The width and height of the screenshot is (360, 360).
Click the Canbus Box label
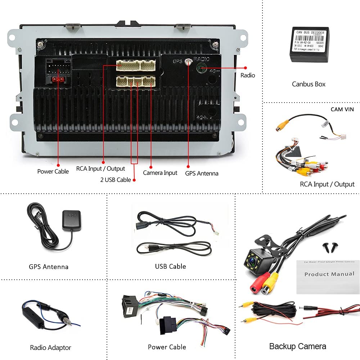(309, 84)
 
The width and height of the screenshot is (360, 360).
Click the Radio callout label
(248, 75)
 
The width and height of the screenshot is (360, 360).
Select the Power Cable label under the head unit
(53, 171)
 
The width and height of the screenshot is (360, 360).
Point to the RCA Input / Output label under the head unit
(100, 168)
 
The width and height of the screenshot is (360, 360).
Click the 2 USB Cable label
(116, 180)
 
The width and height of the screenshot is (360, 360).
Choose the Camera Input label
(160, 173)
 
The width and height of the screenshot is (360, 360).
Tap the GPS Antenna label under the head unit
(202, 173)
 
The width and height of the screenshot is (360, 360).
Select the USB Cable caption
(170, 266)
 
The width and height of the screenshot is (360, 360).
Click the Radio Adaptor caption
(50, 347)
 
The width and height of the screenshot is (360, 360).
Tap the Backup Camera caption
(297, 346)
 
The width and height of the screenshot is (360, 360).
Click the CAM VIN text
(342, 109)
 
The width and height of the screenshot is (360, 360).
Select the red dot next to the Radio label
(246, 67)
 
